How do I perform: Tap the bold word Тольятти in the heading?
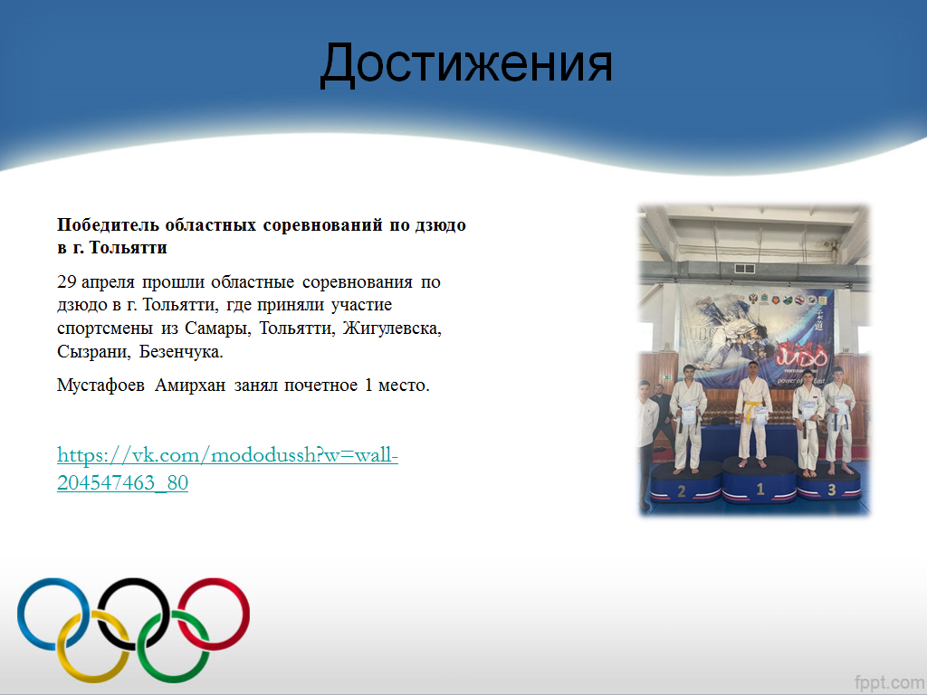point(128,248)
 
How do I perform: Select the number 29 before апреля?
point(66,282)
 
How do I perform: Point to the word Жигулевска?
point(392,328)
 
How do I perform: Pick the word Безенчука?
point(181,352)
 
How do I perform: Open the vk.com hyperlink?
point(227,469)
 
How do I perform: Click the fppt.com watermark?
point(889,682)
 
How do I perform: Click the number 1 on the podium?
point(760,490)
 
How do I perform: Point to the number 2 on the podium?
point(681,491)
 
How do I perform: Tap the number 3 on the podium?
point(831,490)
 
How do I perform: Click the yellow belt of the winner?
point(750,409)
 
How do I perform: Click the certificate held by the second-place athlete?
point(688,413)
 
